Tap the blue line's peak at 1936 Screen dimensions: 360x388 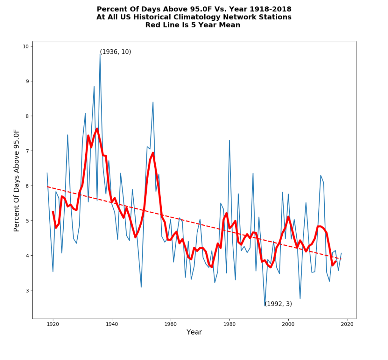[100, 54]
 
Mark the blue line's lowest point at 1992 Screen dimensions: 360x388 [265, 306]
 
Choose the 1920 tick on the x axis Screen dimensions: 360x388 [53, 319]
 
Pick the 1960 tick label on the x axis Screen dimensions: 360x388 [171, 324]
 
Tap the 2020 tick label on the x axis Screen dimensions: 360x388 [347, 324]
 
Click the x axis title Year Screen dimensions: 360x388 [194, 332]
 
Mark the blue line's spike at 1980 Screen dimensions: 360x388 [229, 140]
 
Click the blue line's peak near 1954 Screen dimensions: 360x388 [153, 102]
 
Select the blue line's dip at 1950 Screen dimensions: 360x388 [141, 287]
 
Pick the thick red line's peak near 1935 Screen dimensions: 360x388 [97, 128]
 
